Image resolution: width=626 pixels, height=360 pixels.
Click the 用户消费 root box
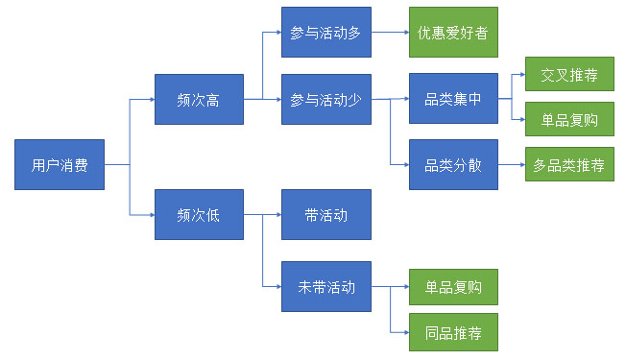(x=60, y=164)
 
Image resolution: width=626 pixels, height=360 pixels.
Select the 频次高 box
(x=199, y=99)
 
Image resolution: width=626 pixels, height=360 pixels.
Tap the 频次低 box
(x=199, y=215)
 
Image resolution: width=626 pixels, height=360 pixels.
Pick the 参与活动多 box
(x=325, y=33)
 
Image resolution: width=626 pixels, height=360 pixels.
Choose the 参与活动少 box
(x=325, y=99)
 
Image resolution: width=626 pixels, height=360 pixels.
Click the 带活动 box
(x=325, y=215)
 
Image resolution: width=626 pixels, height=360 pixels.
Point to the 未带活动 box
(x=325, y=286)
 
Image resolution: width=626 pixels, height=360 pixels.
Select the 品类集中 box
(x=453, y=99)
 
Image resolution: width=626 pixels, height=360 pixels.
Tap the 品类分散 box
(x=453, y=164)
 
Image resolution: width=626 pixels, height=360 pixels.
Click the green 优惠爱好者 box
(x=453, y=33)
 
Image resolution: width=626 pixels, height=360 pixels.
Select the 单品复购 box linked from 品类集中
(x=569, y=120)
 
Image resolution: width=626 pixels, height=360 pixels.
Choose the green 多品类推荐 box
(x=569, y=164)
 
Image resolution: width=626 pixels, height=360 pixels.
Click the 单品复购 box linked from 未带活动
(x=453, y=286)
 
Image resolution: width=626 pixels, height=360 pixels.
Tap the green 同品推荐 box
(x=453, y=333)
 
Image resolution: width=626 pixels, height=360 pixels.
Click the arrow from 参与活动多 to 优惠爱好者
(x=389, y=33)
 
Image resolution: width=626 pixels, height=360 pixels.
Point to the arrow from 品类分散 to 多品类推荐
(x=511, y=164)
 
